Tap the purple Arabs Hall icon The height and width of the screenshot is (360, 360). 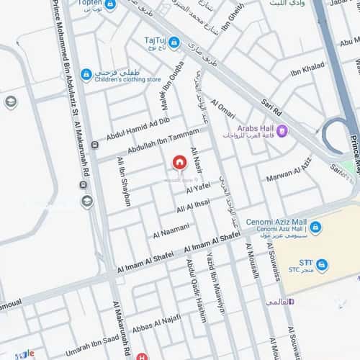pos(282,130)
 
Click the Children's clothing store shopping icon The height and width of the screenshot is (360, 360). pos(86,74)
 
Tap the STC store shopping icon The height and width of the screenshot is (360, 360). pos(321,265)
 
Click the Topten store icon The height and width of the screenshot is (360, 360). pos(110,4)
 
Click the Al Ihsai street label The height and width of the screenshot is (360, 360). pos(194,207)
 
